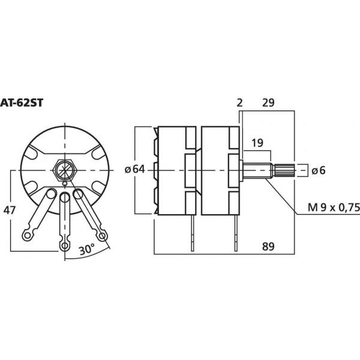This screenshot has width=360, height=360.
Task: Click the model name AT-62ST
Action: click(22, 103)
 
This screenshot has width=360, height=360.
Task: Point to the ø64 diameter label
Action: click(135, 170)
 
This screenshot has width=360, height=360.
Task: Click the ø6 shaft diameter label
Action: click(318, 170)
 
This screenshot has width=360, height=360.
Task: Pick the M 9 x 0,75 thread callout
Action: click(333, 207)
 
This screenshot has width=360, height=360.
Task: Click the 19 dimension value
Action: click(257, 143)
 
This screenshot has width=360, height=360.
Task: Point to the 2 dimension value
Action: click(239, 103)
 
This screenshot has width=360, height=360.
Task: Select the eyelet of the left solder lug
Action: click(28, 233)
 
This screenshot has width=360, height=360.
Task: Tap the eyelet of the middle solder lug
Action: click(64, 245)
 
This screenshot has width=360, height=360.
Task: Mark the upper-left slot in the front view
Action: click(32, 155)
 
